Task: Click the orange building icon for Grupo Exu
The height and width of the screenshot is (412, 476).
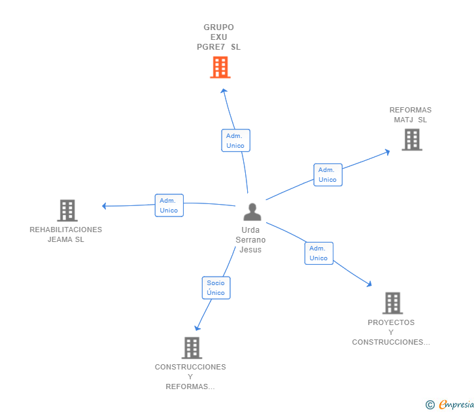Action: click(220, 67)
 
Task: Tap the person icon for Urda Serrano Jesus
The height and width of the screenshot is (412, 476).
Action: click(252, 212)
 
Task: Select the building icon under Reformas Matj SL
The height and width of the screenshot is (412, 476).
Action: click(412, 140)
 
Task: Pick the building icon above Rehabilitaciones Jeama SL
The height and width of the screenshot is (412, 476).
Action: click(67, 211)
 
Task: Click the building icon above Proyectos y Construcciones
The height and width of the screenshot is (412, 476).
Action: click(392, 303)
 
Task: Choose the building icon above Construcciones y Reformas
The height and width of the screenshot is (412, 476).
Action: click(192, 348)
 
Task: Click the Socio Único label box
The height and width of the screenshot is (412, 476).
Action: click(216, 288)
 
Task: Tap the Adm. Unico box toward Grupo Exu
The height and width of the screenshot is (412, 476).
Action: click(235, 140)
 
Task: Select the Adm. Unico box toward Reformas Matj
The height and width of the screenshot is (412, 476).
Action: click(328, 175)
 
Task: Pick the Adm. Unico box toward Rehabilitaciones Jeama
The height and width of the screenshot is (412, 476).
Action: click(169, 205)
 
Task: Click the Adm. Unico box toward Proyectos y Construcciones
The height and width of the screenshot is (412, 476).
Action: click(319, 253)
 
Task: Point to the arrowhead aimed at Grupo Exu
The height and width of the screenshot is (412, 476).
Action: click(224, 90)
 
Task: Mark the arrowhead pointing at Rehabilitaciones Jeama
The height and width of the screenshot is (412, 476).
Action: click(104, 206)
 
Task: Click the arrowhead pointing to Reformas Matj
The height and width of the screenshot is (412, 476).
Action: click(387, 152)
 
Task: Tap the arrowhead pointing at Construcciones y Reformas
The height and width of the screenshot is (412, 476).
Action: click(197, 328)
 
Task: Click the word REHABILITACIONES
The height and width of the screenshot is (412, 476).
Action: click(66, 230)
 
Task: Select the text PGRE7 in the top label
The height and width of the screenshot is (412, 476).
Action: click(211, 47)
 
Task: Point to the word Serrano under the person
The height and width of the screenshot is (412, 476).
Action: click(250, 240)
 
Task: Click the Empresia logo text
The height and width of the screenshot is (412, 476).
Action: click(456, 404)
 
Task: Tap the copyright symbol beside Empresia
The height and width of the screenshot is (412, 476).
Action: click(430, 405)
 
